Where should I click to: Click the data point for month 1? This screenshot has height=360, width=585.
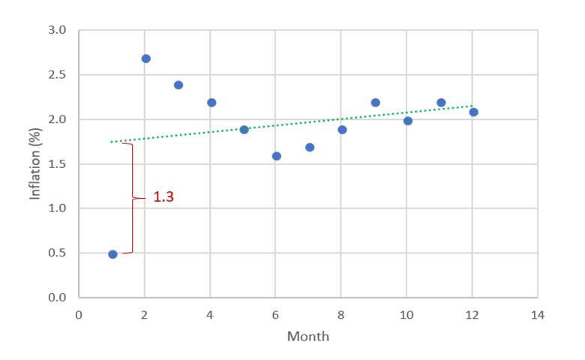point(112,254)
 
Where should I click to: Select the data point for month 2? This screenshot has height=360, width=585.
point(145,58)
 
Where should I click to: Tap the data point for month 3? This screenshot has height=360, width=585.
point(178,85)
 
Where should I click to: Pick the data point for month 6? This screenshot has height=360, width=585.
point(277,156)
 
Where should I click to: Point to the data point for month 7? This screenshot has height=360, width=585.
point(310,147)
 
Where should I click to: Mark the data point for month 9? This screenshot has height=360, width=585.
point(375,103)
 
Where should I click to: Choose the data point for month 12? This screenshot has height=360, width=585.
point(473,112)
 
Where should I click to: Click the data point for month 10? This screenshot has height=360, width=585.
point(408,121)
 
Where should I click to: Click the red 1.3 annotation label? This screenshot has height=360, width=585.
point(163,197)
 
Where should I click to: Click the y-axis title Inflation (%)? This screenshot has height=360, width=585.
point(35,163)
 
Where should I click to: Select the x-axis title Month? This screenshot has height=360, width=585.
point(308,336)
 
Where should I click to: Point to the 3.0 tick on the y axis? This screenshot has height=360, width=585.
point(58,31)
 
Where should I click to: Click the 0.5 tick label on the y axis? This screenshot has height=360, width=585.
point(58,253)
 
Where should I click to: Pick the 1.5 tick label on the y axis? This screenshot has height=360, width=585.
point(58,164)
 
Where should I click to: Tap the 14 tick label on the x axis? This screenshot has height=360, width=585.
point(537,314)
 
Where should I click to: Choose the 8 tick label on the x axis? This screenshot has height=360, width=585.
point(341,314)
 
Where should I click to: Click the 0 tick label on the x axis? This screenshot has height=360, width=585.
point(79,314)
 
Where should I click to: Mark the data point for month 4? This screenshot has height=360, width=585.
point(211,103)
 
